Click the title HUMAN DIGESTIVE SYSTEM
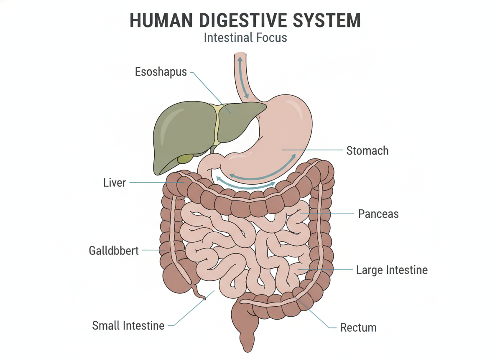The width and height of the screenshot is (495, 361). [245, 20]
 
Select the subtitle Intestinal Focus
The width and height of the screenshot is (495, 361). [245, 38]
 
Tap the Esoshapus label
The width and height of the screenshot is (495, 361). [161, 72]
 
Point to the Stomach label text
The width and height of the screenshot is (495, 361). [367, 150]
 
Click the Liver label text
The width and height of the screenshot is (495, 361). [115, 183]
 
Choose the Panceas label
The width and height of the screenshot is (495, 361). [378, 214]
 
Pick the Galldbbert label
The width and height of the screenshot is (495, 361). [114, 251]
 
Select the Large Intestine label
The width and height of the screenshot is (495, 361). [392, 270]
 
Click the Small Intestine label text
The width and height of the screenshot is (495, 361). [128, 325]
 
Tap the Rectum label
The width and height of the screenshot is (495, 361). [358, 328]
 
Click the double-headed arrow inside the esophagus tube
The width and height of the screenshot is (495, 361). [243, 77]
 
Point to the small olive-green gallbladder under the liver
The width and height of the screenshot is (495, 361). [185, 158]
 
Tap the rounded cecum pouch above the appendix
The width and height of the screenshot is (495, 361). [177, 278]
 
